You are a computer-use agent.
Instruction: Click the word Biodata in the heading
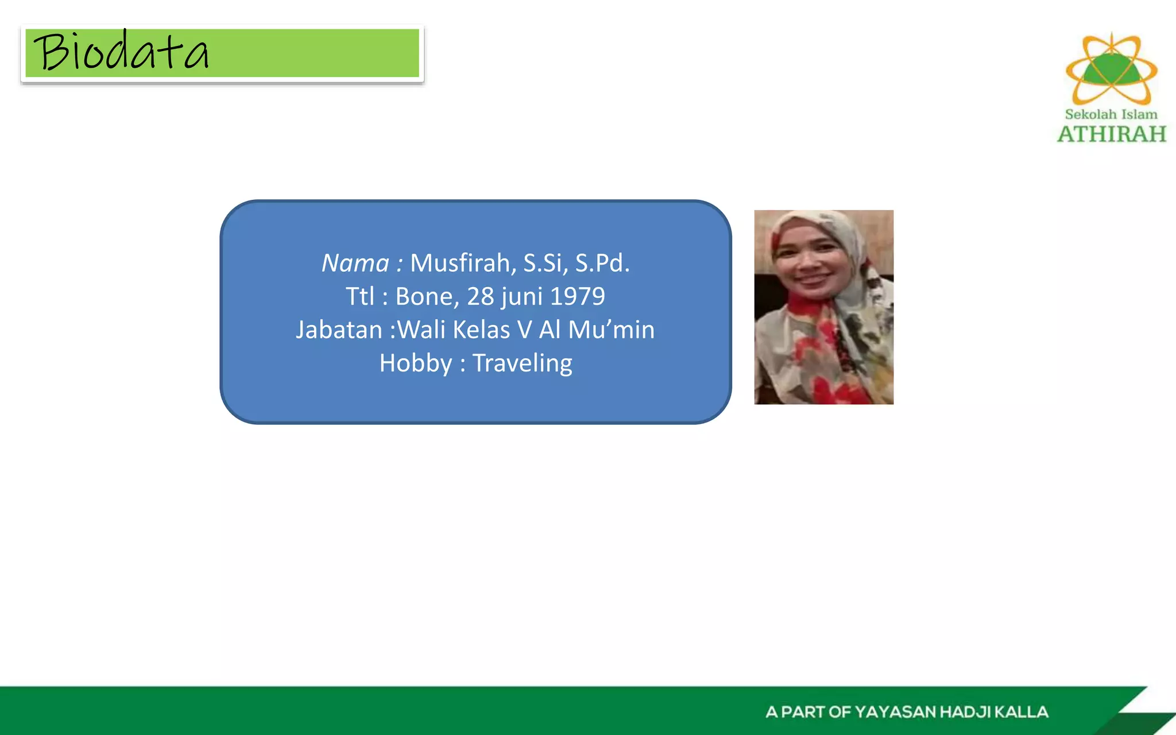click(x=121, y=52)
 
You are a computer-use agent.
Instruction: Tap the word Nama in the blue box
click(x=355, y=263)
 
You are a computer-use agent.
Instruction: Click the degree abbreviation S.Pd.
click(x=602, y=263)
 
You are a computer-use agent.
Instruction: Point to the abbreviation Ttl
click(x=359, y=296)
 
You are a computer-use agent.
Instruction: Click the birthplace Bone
click(x=426, y=296)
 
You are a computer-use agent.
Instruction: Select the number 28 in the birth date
click(x=481, y=296)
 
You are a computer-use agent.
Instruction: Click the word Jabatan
click(x=339, y=330)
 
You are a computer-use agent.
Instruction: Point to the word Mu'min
click(x=611, y=330)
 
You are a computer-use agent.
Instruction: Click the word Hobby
click(x=416, y=363)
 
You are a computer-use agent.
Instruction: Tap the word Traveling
click(x=522, y=363)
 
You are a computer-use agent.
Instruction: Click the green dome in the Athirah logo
click(x=1112, y=71)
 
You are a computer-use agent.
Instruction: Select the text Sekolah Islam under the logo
click(x=1111, y=114)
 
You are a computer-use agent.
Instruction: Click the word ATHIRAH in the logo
click(x=1112, y=134)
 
